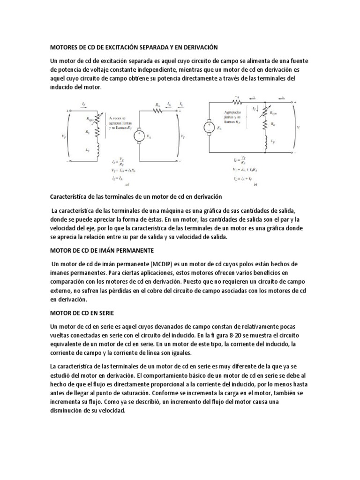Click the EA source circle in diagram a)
(139, 136)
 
